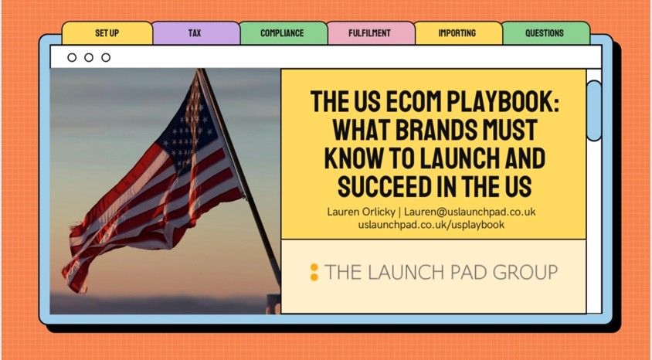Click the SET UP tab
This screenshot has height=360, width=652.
click(x=107, y=33)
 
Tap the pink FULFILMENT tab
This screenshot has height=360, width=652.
click(x=371, y=33)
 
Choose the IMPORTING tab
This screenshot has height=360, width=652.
click(x=458, y=33)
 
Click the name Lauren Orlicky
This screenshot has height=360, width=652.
click(x=361, y=212)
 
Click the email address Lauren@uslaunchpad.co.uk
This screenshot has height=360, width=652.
click(x=470, y=212)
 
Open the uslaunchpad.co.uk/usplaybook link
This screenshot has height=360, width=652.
click(x=431, y=225)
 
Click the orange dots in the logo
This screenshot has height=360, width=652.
click(x=314, y=272)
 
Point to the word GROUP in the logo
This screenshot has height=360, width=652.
click(x=525, y=272)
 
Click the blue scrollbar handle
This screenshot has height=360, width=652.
click(x=594, y=110)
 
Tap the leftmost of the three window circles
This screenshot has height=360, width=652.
click(x=72, y=57)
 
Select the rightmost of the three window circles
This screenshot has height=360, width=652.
click(x=106, y=57)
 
